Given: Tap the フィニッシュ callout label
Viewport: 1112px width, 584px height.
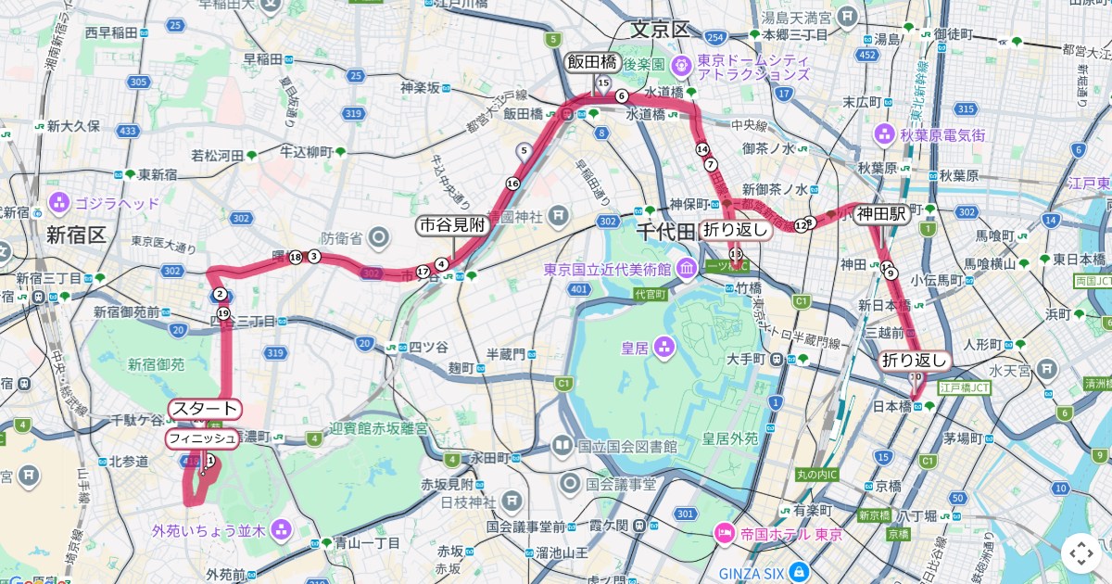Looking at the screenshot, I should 202,438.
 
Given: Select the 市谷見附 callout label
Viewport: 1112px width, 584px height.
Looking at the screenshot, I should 451,225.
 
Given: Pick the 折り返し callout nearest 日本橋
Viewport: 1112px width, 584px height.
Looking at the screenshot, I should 915,361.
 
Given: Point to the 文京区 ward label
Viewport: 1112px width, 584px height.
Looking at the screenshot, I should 660,30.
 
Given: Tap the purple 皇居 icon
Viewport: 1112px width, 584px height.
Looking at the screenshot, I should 663,349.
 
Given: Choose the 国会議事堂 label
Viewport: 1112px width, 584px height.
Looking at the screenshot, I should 620,484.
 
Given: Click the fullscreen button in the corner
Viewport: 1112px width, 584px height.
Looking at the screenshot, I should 1080,553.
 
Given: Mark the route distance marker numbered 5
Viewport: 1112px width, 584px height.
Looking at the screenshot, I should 524,150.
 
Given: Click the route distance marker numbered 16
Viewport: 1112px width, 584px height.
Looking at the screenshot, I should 512,184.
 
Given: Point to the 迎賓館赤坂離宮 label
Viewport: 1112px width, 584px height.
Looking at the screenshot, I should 379,430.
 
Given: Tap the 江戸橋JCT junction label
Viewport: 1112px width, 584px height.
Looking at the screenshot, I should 964,388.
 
